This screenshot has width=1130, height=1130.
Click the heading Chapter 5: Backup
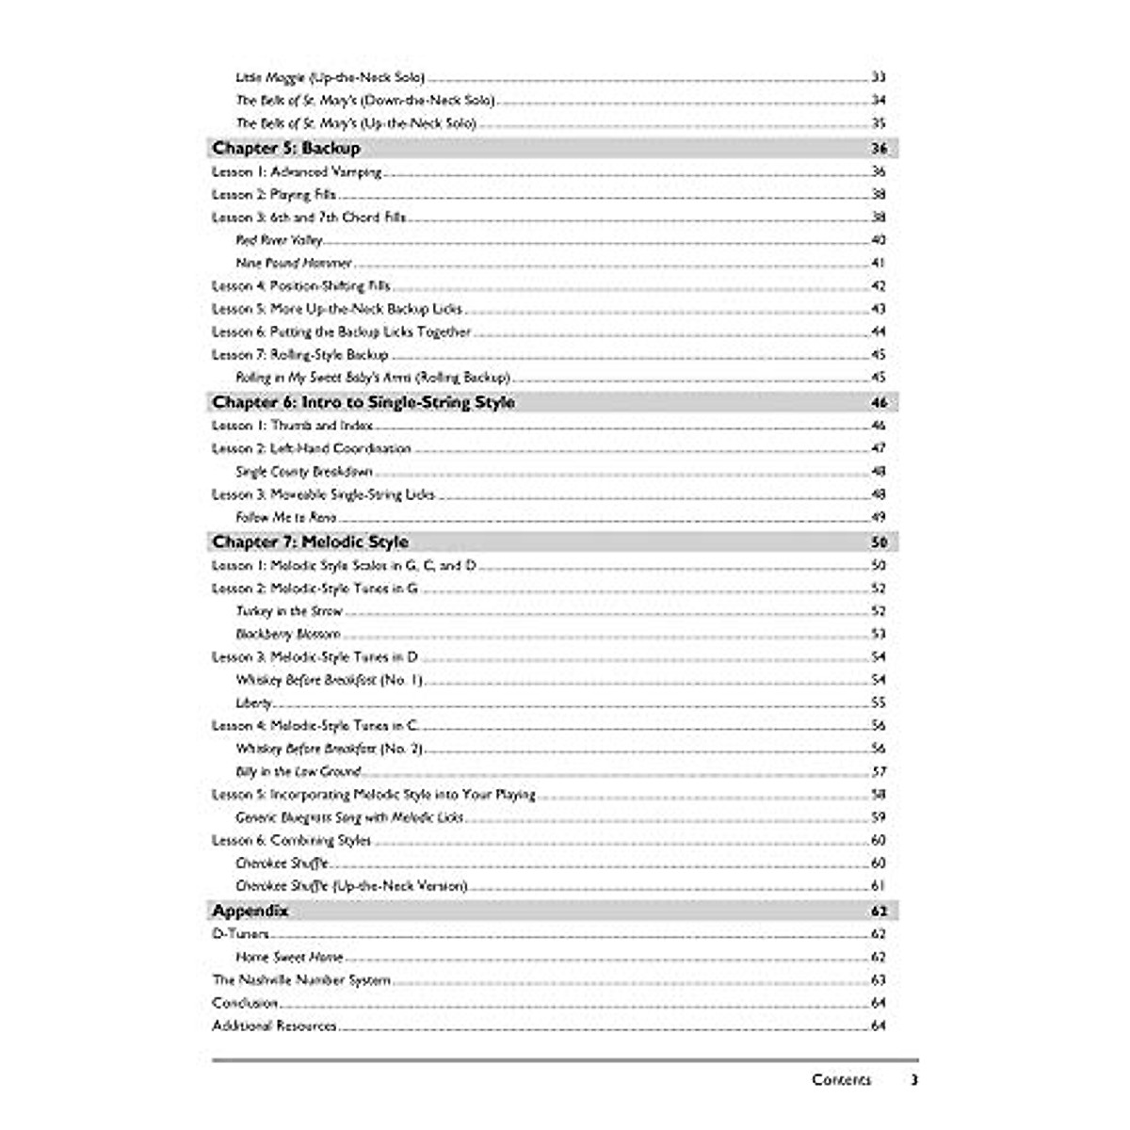click(286, 148)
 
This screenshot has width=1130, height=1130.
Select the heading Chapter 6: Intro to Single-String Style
click(363, 402)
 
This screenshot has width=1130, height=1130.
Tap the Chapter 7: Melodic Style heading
click(311, 541)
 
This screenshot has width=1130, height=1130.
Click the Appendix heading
click(250, 911)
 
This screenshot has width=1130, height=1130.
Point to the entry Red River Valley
click(280, 240)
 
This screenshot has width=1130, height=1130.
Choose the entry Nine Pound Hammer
click(294, 263)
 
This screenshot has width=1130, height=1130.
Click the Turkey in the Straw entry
click(289, 611)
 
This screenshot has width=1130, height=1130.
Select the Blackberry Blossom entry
click(288, 634)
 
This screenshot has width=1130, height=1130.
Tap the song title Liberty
click(254, 702)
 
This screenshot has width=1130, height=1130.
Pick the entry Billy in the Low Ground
click(299, 771)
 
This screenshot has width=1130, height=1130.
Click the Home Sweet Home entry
click(289, 957)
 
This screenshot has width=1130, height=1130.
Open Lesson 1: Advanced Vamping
click(298, 171)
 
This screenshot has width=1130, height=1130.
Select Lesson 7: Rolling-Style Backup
click(300, 355)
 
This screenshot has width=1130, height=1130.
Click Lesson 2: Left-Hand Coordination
click(312, 448)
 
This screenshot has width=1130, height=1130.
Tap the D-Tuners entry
click(241, 934)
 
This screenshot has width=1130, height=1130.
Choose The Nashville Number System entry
click(301, 979)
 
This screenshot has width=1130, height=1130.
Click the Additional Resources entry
click(274, 1025)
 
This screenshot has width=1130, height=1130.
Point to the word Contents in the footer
click(842, 1080)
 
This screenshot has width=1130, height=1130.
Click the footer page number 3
click(913, 1080)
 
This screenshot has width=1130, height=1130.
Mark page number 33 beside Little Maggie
click(879, 77)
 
